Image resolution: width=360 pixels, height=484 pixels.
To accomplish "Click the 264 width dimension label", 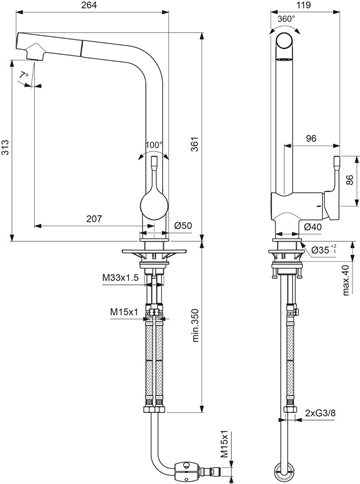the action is [89, 5].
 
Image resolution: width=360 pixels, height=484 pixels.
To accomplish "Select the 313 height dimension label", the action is [5, 147].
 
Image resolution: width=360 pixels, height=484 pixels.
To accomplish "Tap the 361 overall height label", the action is [195, 144].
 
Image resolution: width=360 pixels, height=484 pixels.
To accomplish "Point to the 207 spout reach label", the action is [94, 219].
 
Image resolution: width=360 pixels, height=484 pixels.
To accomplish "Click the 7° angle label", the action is [24, 75].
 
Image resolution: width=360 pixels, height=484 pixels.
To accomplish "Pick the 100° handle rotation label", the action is [154, 145].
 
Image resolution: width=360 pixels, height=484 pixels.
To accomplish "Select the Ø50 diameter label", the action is [183, 226].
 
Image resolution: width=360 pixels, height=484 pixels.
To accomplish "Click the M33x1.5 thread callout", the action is [120, 277].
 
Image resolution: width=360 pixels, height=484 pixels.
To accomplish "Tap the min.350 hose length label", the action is [195, 325].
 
